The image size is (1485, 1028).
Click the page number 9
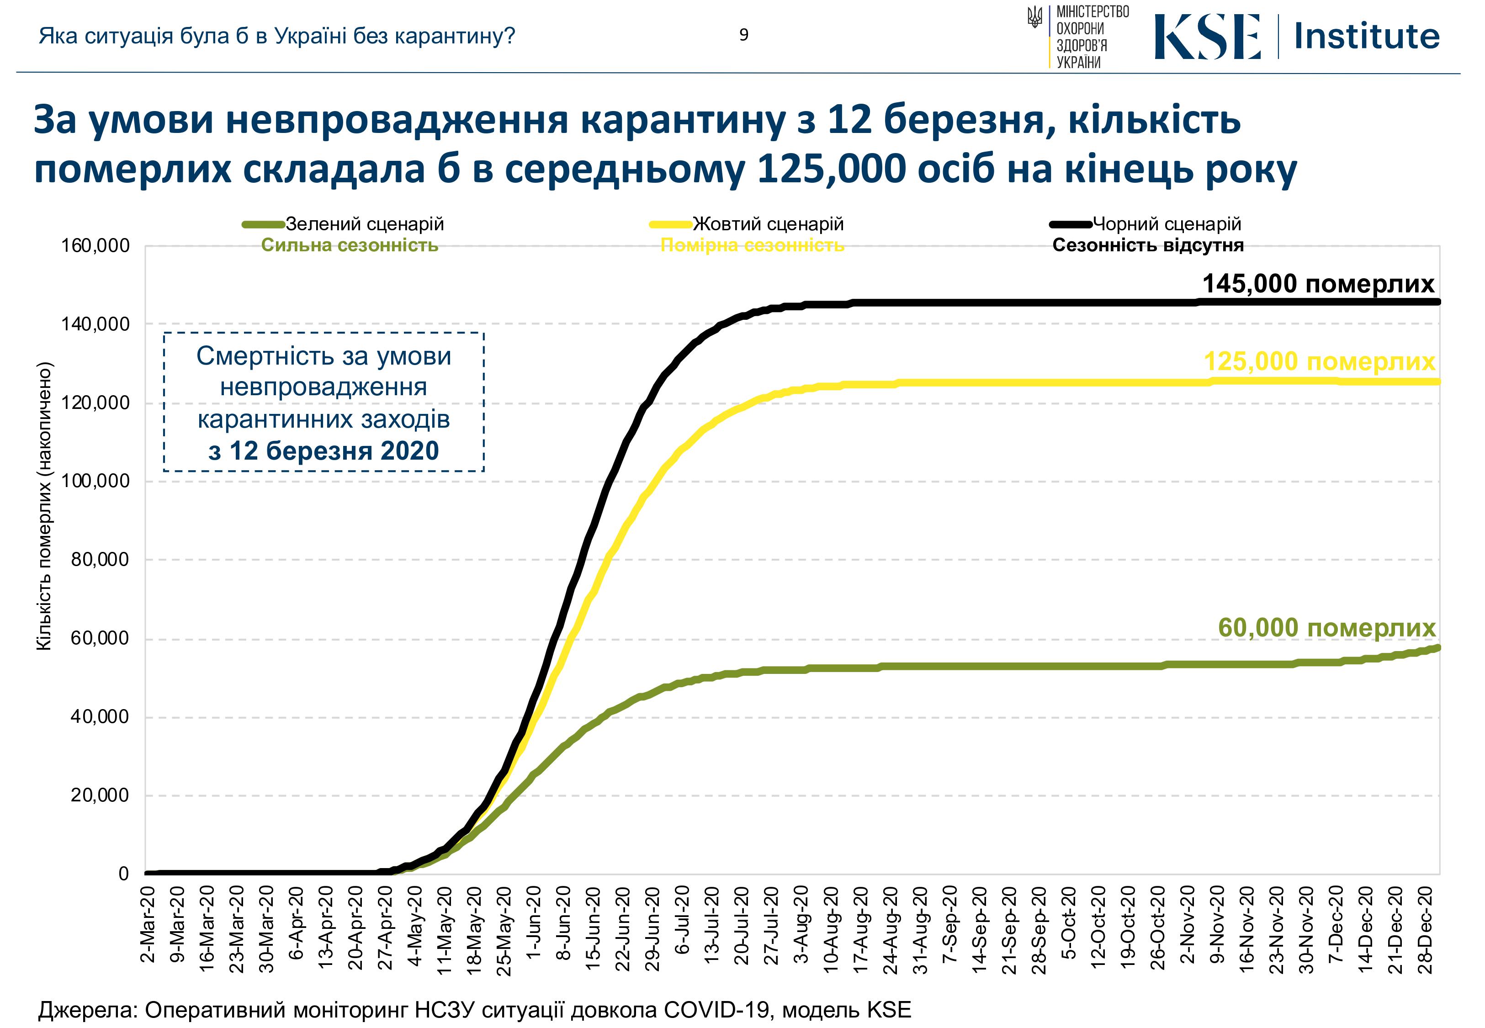tap(744, 35)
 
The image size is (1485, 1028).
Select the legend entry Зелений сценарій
tap(365, 224)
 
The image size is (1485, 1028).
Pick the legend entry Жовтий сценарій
tap(768, 224)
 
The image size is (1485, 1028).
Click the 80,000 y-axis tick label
tap(100, 559)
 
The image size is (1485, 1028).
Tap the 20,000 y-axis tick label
tap(100, 795)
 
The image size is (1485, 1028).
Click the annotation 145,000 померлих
tap(1318, 284)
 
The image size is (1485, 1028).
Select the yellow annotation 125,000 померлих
tap(1319, 361)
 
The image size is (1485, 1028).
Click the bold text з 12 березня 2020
tap(324, 451)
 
